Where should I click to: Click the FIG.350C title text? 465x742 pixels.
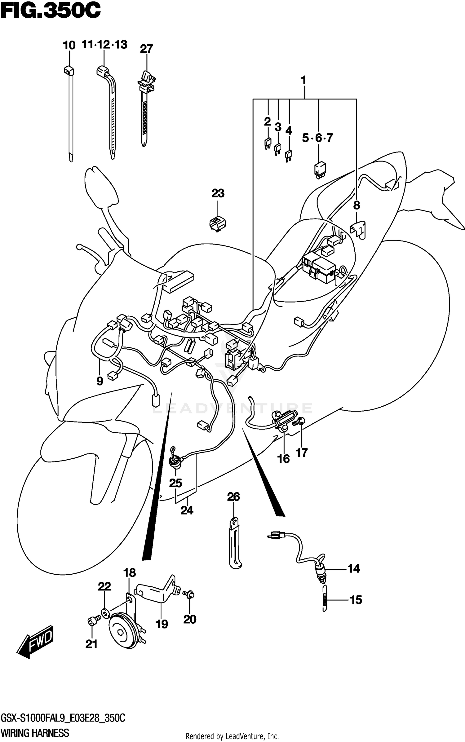tap(50, 11)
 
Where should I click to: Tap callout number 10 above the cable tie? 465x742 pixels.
tap(69, 46)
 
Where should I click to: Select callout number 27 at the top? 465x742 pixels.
tap(146, 49)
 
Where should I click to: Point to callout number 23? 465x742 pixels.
tap(218, 193)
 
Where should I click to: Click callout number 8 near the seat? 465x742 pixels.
tap(356, 205)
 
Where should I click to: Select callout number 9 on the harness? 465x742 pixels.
tap(100, 381)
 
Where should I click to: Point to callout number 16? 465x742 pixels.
tap(283, 459)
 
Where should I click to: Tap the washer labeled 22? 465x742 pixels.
tap(105, 613)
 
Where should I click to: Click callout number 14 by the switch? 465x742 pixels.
tap(353, 569)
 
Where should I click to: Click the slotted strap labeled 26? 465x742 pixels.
tap(235, 544)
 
